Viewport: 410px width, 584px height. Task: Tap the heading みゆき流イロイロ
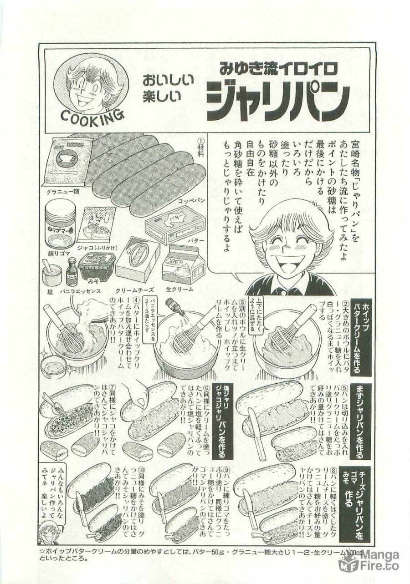tap(278, 68)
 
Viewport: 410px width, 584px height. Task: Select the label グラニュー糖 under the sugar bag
tap(63, 191)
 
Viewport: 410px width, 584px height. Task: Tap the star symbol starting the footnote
tap(42, 552)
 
